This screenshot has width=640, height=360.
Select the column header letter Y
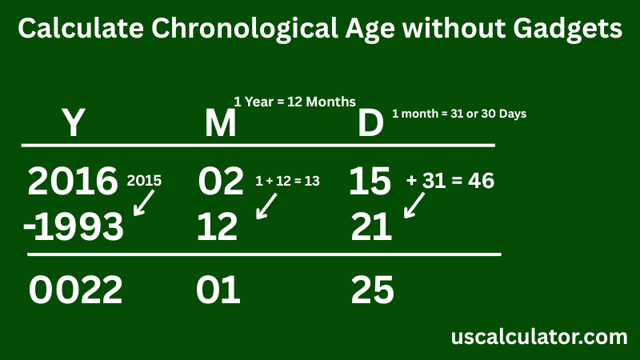tap(73, 125)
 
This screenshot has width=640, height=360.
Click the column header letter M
tap(220, 125)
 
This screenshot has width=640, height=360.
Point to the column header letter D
tap(370, 125)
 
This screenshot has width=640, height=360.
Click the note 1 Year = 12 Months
tap(294, 102)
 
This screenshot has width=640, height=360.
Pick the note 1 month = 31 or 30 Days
tap(458, 114)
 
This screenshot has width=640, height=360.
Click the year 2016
tap(73, 182)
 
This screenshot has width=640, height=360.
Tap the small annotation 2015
tap(144, 181)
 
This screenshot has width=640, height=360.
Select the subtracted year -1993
tap(74, 229)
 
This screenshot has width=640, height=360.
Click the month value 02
tap(220, 182)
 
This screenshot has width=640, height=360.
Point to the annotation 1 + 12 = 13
tap(287, 182)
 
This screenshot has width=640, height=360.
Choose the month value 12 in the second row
tap(218, 229)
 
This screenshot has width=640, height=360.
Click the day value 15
tap(370, 182)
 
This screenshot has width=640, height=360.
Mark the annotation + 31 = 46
tap(450, 182)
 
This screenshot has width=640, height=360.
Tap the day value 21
tap(372, 229)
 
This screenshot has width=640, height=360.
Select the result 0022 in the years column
tap(76, 290)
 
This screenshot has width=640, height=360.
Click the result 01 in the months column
tap(218, 290)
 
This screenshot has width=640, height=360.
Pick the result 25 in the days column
tap(373, 290)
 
